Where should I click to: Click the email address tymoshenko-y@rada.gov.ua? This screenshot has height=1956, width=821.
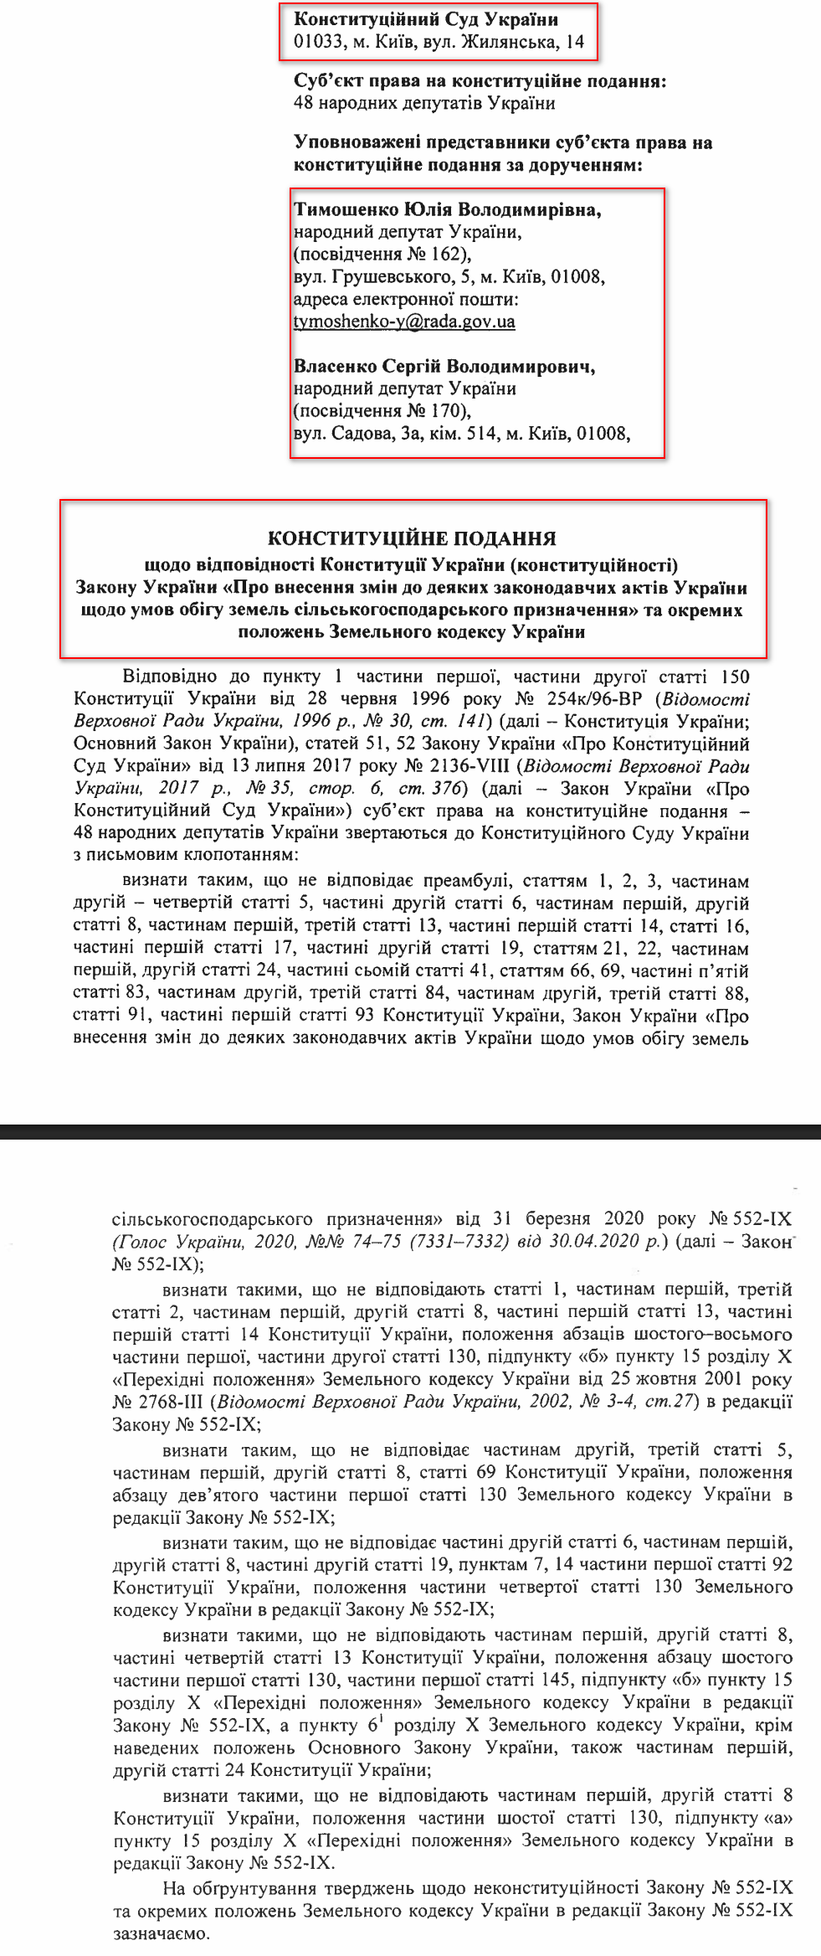tap(404, 322)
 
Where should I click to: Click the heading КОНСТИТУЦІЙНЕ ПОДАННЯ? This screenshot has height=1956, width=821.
tap(412, 538)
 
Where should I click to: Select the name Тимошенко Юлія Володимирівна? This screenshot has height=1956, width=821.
tap(447, 209)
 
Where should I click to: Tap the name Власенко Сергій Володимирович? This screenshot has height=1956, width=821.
tap(444, 366)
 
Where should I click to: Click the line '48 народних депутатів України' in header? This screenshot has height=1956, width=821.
tap(424, 103)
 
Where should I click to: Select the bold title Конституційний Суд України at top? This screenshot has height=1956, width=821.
tap(426, 18)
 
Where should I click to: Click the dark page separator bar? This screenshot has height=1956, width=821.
tap(410, 1132)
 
